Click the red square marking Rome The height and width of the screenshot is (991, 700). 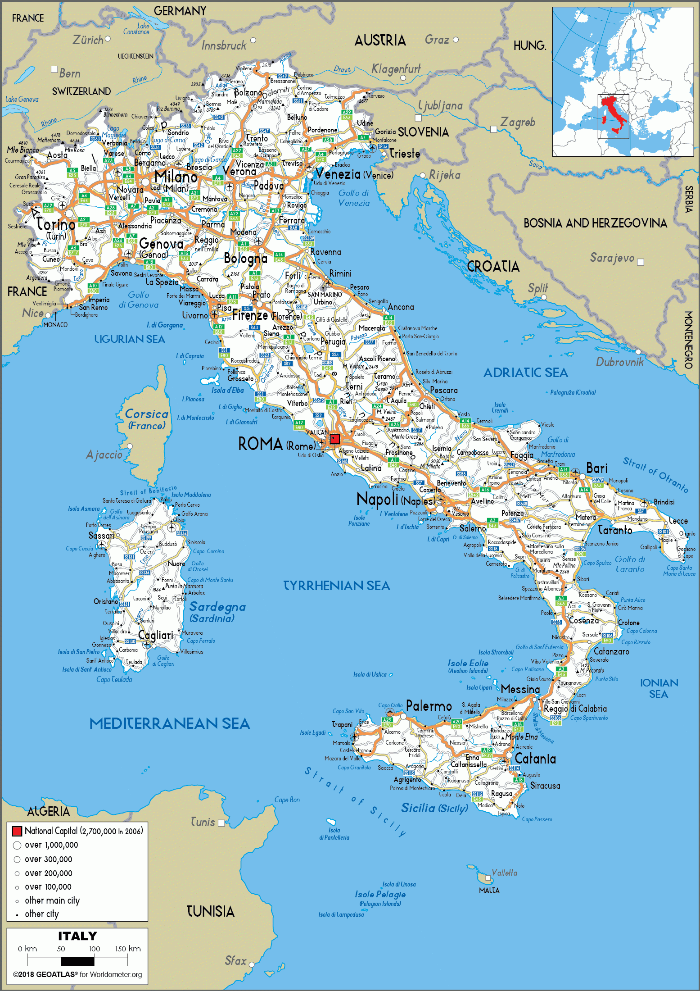click(x=334, y=439)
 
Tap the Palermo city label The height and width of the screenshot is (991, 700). click(x=429, y=706)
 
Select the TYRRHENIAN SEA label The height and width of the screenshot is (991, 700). click(x=336, y=586)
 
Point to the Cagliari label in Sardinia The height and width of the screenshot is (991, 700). click(x=155, y=635)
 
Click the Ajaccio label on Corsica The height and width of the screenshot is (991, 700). click(x=104, y=455)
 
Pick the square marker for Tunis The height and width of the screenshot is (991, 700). click(x=221, y=823)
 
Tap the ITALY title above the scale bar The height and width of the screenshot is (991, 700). click(x=77, y=936)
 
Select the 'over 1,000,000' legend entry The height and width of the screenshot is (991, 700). click(x=51, y=845)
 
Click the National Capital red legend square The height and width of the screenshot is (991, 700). click(x=17, y=831)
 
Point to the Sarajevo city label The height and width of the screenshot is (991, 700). click(x=612, y=258)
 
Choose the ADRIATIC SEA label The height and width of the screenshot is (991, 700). click(x=525, y=373)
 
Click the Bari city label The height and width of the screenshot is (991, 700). click(x=596, y=468)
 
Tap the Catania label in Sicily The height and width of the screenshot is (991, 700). click(x=535, y=759)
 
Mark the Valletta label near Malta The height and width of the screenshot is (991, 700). click(x=504, y=873)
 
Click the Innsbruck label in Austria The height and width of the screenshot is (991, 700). click(x=224, y=45)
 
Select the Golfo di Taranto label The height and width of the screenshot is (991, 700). click(x=630, y=564)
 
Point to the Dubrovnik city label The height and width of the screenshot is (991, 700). click(x=619, y=362)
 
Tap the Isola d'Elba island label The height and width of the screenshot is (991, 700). click(x=227, y=390)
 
